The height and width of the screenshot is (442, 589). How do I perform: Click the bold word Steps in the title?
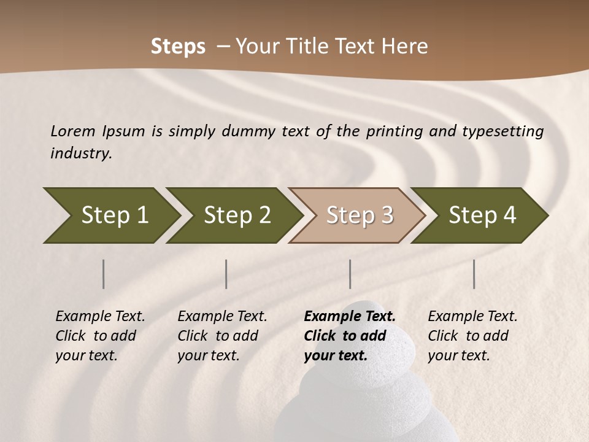point(178,47)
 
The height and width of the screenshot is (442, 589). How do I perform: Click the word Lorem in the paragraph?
point(72,131)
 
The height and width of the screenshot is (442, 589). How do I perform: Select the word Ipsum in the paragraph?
point(125,131)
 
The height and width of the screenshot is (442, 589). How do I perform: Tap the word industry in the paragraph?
point(80,153)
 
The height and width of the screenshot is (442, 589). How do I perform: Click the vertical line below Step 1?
point(104,274)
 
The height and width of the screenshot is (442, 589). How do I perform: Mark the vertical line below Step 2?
point(226,274)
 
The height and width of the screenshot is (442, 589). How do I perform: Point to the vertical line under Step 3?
point(350,274)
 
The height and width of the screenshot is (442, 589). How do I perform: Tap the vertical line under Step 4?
point(474,274)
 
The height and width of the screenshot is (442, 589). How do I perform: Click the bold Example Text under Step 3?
point(350,317)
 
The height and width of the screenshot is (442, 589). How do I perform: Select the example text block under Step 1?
point(100,336)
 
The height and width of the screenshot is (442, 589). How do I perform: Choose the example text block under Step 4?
point(472,336)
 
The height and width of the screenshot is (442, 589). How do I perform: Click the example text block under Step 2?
point(222,336)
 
